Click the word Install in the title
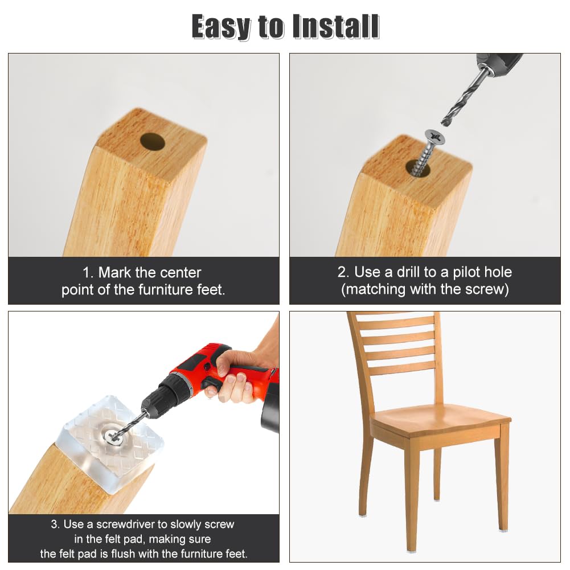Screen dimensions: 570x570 click(336, 27)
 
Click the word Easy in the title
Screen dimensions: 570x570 click(222, 27)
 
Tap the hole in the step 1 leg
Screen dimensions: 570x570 click(153, 141)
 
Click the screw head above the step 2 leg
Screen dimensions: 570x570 click(435, 137)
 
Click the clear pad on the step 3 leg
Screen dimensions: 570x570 click(113, 444)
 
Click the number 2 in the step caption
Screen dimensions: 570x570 click(342, 272)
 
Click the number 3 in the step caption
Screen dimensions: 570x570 click(55, 524)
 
